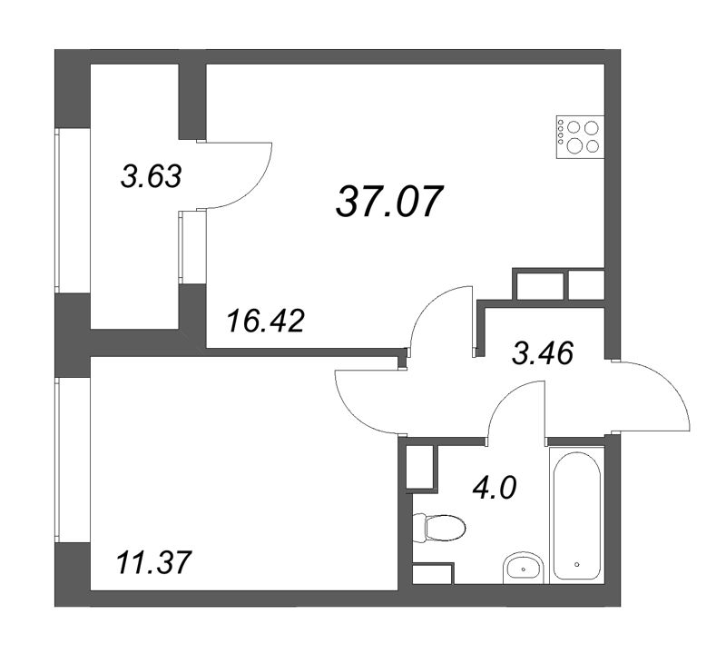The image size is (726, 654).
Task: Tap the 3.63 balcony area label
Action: pyautogui.click(x=152, y=175)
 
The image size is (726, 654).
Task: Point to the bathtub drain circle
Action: pyautogui.click(x=576, y=564)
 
